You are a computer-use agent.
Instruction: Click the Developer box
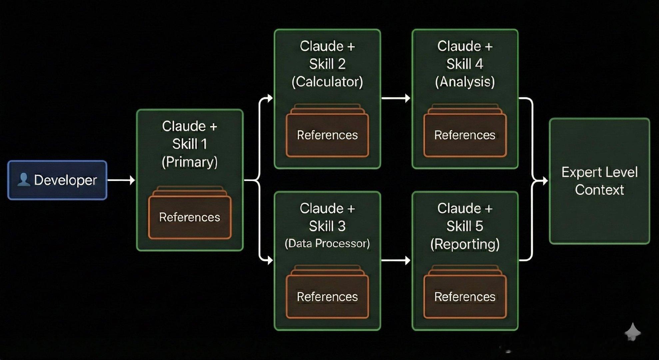click(57, 180)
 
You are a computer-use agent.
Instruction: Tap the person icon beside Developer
click(23, 179)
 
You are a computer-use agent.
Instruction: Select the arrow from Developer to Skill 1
click(121, 180)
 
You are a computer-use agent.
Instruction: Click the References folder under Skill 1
click(190, 217)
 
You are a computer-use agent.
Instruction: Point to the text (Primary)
click(190, 162)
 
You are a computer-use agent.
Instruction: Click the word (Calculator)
click(327, 82)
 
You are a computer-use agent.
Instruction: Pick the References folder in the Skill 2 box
click(327, 135)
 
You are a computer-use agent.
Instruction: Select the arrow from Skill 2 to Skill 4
click(396, 98)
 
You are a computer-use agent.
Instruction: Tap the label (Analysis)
click(465, 82)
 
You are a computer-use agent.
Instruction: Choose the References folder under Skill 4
click(465, 135)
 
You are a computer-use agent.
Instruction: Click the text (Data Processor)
click(327, 243)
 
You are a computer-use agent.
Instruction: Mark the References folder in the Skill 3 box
click(327, 296)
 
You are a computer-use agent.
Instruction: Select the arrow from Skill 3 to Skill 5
click(396, 260)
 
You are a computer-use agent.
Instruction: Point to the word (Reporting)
click(465, 244)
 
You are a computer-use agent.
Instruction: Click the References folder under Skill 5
click(465, 296)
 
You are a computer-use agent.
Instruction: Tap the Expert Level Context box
click(599, 181)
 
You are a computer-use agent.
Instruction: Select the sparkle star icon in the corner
click(632, 332)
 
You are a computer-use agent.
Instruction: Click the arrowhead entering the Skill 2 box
click(270, 98)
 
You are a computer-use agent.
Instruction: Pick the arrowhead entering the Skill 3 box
click(270, 260)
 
